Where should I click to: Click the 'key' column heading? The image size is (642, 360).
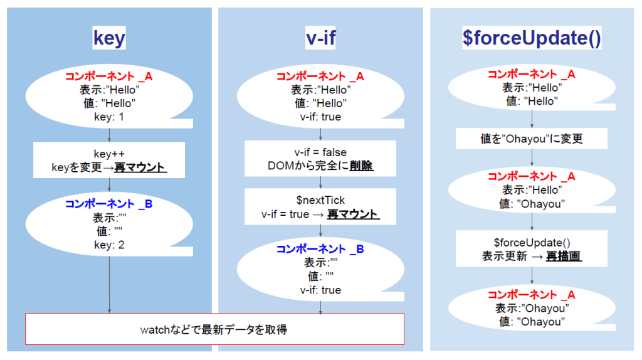[109, 39]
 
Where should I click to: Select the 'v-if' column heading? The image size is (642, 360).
[320, 39]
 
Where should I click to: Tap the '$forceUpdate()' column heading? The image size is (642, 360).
[532, 39]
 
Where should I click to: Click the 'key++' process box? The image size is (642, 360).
[109, 161]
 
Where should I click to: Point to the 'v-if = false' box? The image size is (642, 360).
[320, 159]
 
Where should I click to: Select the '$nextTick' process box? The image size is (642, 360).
[320, 207]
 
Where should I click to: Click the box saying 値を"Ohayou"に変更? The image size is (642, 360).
[532, 139]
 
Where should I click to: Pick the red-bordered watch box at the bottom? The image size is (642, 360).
[214, 329]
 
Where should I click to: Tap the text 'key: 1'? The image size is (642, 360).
[109, 117]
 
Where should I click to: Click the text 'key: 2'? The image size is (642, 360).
[109, 245]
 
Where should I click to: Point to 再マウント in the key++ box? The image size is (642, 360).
[144, 168]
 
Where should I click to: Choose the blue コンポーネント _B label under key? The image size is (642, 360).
[109, 204]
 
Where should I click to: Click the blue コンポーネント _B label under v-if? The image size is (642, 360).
[320, 249]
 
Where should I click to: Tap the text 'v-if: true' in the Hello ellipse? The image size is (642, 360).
[320, 117]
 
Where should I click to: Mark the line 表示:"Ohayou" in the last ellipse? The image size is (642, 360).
[532, 309]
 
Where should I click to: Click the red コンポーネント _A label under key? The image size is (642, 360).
[109, 77]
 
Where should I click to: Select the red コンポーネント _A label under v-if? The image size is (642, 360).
[320, 77]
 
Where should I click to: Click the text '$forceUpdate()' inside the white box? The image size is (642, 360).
[532, 243]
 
